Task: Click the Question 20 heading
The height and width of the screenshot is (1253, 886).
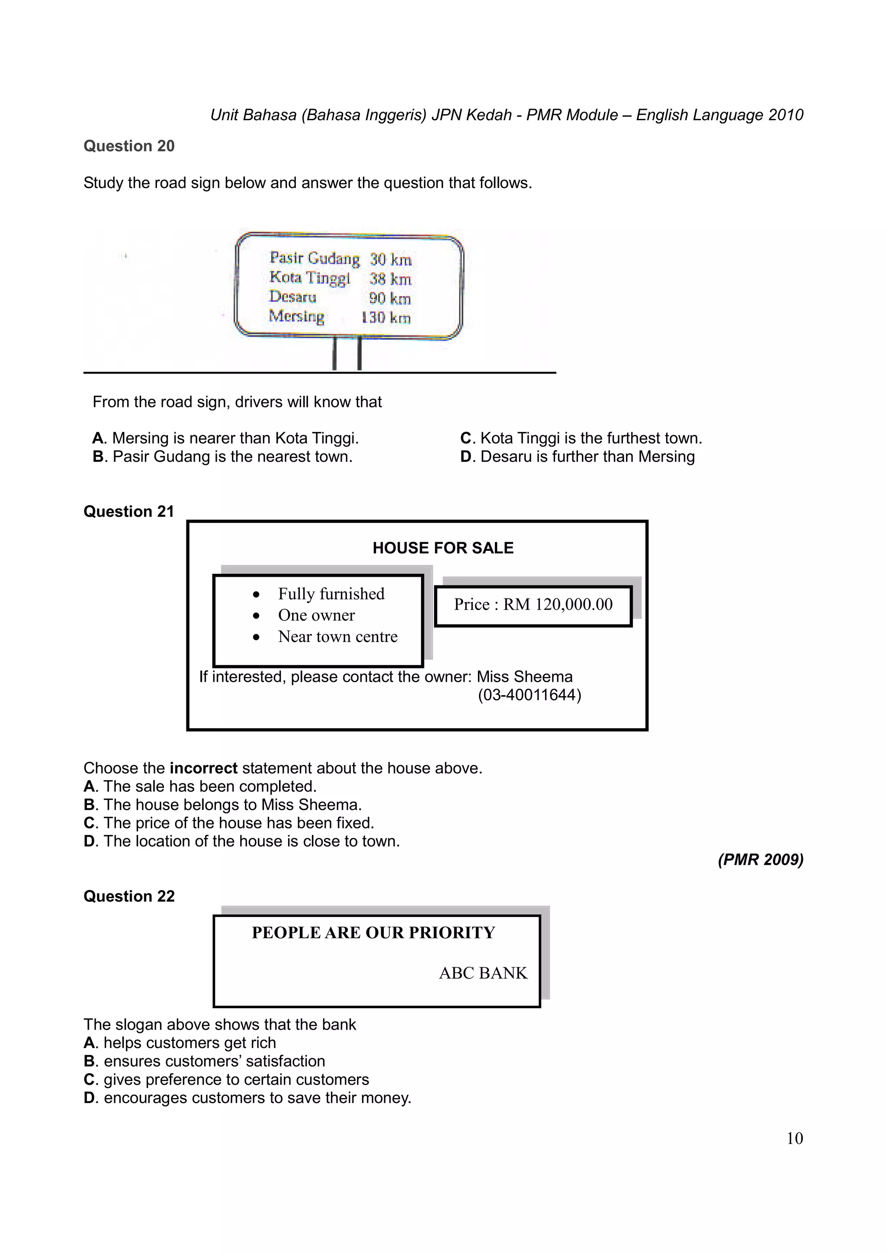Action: point(129,146)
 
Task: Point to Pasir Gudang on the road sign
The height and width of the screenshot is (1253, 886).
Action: point(315,258)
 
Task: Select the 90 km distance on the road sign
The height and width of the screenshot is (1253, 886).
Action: point(389,298)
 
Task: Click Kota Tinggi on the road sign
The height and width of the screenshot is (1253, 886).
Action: point(309,278)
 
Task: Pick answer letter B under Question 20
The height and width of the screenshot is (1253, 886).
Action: point(98,457)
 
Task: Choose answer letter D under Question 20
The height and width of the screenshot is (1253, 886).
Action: point(465,457)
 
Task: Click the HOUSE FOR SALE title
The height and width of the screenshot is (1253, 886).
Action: point(443,548)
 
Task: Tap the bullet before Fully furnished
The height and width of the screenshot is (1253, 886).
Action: point(256,595)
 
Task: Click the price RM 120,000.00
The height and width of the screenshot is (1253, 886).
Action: point(557,604)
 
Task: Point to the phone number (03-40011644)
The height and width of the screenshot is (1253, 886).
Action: point(529,695)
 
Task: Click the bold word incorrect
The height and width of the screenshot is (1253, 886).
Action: point(203,768)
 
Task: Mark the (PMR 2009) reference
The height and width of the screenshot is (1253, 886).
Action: point(760,860)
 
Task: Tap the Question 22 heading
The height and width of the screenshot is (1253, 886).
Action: point(129,896)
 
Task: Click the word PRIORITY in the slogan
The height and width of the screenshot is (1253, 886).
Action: point(452,933)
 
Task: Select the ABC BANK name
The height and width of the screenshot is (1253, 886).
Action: point(483,973)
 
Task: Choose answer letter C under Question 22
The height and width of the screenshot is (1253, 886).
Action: point(90,1080)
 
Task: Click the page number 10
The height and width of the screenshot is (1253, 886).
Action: point(794,1138)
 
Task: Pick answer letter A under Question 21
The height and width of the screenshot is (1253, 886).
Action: point(90,786)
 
